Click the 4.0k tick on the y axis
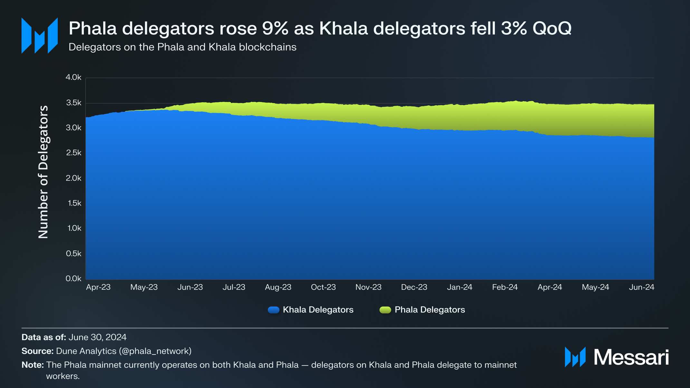click(73, 77)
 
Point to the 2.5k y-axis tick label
click(73, 153)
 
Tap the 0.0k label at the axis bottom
click(73, 279)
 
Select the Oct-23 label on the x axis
click(323, 287)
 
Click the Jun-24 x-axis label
click(641, 287)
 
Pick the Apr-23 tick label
click(98, 287)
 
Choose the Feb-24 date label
click(505, 287)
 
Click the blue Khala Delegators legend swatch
click(273, 310)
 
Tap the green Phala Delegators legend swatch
click(385, 310)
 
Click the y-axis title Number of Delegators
click(43, 172)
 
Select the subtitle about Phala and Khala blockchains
click(182, 47)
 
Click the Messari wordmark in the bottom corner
click(631, 357)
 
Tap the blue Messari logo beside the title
click(40, 35)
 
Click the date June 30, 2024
click(97, 337)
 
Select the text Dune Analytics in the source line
click(86, 351)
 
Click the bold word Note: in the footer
click(33, 365)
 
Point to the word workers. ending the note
click(63, 376)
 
